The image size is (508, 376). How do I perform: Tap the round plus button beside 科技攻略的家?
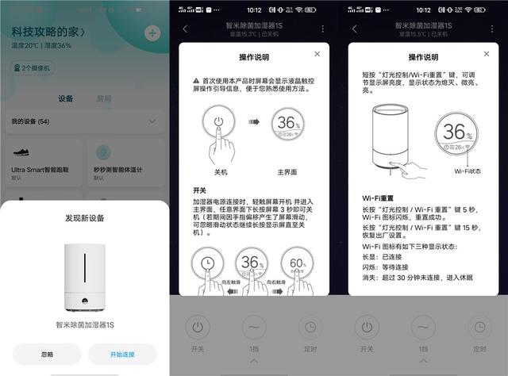click(152, 33)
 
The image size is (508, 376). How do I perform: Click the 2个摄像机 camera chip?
click(33, 68)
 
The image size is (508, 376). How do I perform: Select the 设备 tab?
click(67, 99)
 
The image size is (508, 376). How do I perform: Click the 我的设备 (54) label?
click(30, 122)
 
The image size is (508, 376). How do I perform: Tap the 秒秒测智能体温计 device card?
click(124, 163)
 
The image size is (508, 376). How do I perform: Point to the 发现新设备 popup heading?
click(84, 217)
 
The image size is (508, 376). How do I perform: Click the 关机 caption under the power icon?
click(220, 171)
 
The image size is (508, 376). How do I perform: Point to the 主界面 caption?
click(287, 171)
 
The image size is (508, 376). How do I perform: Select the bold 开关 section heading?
click(198, 190)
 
